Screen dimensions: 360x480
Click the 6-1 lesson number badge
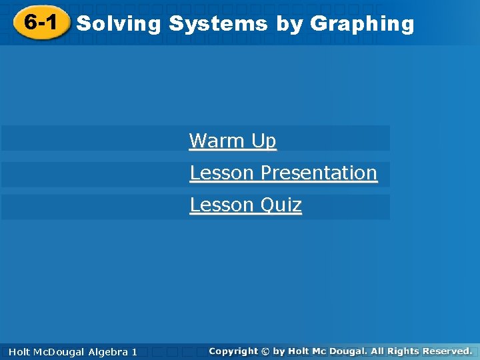(41, 23)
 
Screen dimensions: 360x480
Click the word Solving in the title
(119, 24)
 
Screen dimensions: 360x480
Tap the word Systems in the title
(218, 24)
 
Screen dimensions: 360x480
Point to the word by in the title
(289, 24)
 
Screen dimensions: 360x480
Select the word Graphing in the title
(362, 24)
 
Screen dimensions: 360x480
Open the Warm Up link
(232, 141)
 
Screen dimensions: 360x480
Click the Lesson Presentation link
(283, 173)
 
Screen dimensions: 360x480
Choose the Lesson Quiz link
(245, 205)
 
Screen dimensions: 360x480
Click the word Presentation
(319, 173)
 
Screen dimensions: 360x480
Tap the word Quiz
(281, 205)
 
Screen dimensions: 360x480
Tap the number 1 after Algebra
(134, 351)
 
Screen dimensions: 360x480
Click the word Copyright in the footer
(233, 351)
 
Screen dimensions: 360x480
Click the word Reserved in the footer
(447, 351)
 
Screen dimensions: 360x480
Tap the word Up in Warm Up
(263, 141)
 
